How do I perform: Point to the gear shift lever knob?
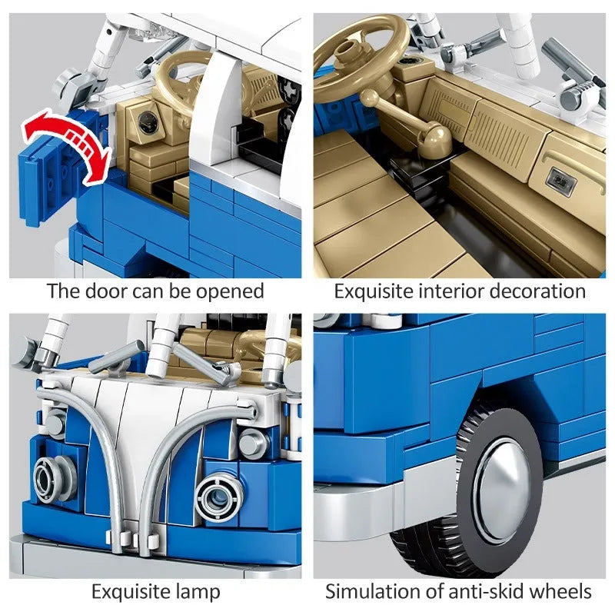click(x=370, y=98)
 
